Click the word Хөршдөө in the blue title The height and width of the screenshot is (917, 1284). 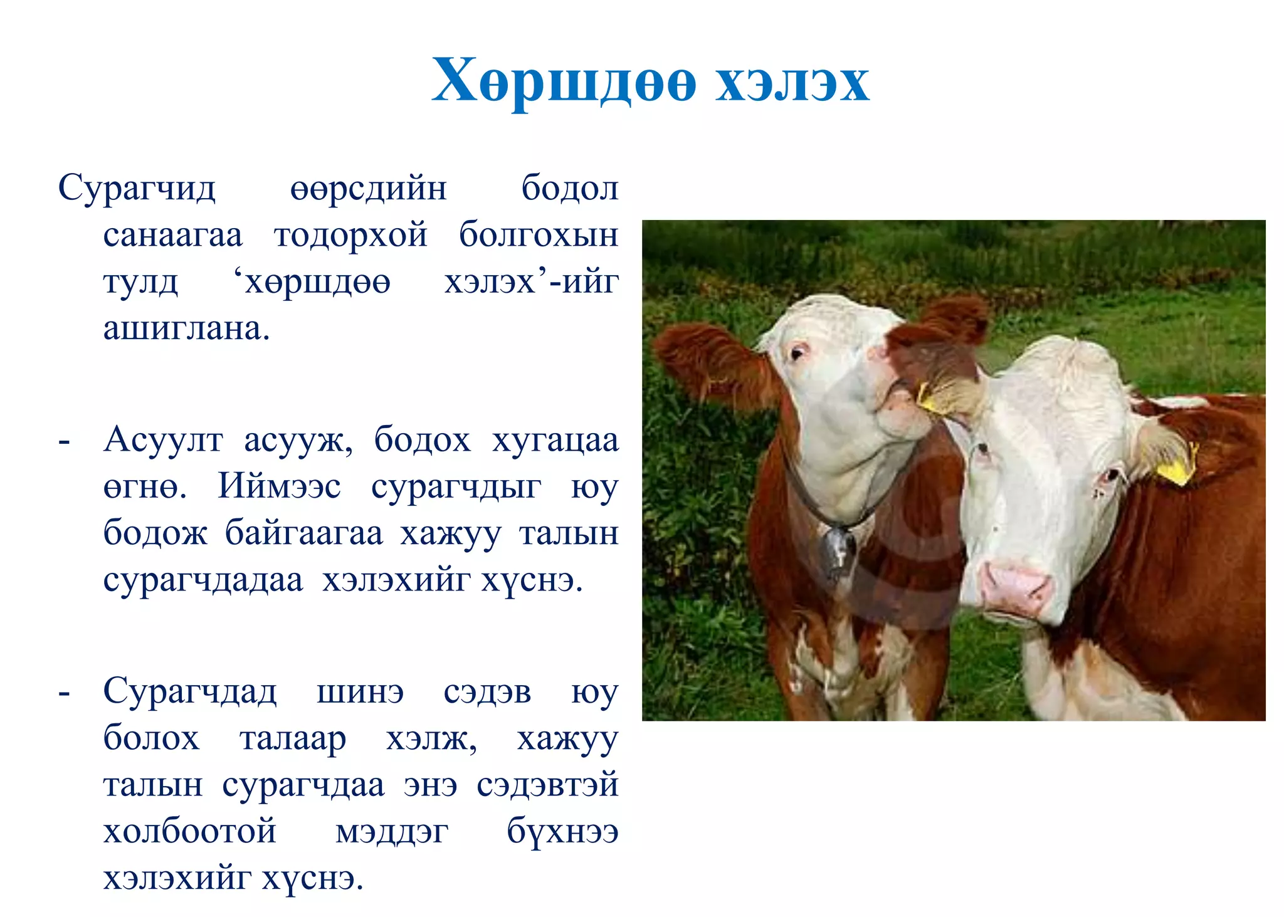click(563, 82)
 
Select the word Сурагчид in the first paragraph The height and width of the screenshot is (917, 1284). click(137, 188)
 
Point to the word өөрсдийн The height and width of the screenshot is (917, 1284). click(368, 189)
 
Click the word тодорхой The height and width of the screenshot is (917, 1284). click(350, 236)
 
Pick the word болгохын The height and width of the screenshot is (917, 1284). click(539, 236)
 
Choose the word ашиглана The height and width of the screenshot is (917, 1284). click(186, 328)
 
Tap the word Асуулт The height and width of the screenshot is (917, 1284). click(163, 440)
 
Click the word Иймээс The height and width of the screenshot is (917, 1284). click(279, 486)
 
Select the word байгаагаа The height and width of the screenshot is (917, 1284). click(303, 534)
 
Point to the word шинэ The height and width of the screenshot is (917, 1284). click(360, 693)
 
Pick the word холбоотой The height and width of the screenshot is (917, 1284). click(189, 832)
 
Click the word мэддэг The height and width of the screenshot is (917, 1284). click(392, 832)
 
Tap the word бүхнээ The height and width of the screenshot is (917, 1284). click(562, 832)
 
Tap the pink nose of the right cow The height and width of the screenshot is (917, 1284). click(1016, 586)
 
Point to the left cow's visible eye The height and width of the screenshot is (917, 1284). click(798, 353)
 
